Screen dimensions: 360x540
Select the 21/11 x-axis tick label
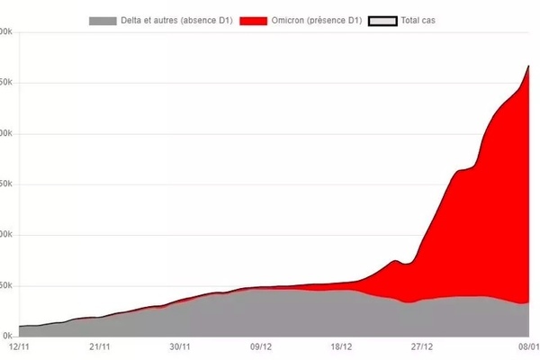[100, 346]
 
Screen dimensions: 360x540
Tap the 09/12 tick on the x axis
[261, 346]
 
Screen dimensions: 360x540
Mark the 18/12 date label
[341, 346]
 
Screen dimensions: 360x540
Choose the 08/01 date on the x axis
[526, 346]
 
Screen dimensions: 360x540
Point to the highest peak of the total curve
[528, 67]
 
